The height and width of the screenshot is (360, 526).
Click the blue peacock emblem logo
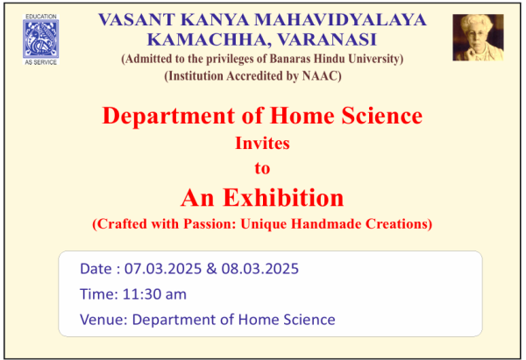click(x=41, y=39)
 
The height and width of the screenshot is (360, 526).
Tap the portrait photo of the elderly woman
click(x=478, y=38)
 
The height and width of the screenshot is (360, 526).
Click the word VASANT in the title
click(x=136, y=19)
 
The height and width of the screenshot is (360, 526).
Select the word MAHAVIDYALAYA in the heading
click(x=340, y=19)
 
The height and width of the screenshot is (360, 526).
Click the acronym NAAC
click(x=320, y=75)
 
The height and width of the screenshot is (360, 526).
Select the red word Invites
click(x=262, y=143)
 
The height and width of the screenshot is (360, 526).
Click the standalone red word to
click(x=262, y=168)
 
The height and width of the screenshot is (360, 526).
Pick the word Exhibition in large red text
click(x=283, y=197)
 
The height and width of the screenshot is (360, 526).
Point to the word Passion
click(x=210, y=223)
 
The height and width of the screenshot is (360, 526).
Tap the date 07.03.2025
click(x=163, y=269)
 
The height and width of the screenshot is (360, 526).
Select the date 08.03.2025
click(x=260, y=269)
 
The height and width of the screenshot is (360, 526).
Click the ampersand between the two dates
click(x=211, y=269)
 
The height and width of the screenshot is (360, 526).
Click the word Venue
click(x=102, y=320)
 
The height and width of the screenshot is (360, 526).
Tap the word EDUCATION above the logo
click(x=41, y=17)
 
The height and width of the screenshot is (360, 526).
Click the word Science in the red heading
click(x=381, y=116)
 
